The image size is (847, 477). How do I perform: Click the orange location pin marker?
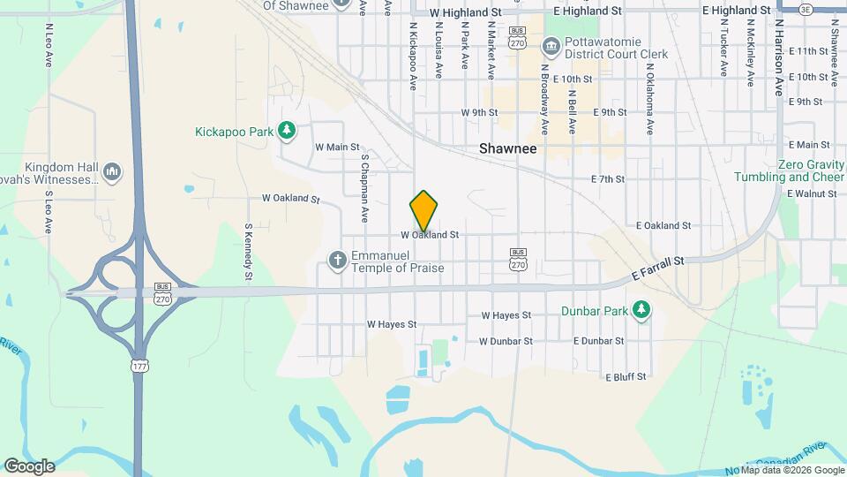pyautogui.click(x=423, y=210)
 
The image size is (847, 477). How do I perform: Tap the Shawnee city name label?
pyautogui.click(x=507, y=149)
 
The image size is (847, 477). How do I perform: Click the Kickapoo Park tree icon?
pyautogui.click(x=286, y=132)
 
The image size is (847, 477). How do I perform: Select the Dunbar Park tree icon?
pyautogui.click(x=642, y=310)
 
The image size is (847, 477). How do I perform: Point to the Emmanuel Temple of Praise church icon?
pyautogui.click(x=336, y=261)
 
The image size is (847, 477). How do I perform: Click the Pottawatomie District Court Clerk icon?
pyautogui.click(x=551, y=46)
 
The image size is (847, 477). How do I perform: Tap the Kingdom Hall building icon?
pyautogui.click(x=112, y=171)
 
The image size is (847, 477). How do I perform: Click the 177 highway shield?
pyautogui.click(x=138, y=364)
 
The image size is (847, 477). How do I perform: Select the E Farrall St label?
pyautogui.click(x=658, y=270)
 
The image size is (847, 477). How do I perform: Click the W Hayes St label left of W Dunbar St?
pyautogui.click(x=391, y=324)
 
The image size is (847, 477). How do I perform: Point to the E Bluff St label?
pyautogui.click(x=626, y=376)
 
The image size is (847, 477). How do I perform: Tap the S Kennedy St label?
pyautogui.click(x=249, y=251)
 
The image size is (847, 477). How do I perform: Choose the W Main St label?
pyautogui.click(x=337, y=147)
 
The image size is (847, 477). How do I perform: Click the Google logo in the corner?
pyautogui.click(x=29, y=466)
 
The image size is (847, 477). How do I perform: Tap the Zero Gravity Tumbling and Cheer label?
pyautogui.click(x=788, y=170)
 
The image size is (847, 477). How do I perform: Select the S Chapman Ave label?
pyautogui.click(x=364, y=188)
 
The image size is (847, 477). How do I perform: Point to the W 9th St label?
pyautogui.click(x=480, y=113)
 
